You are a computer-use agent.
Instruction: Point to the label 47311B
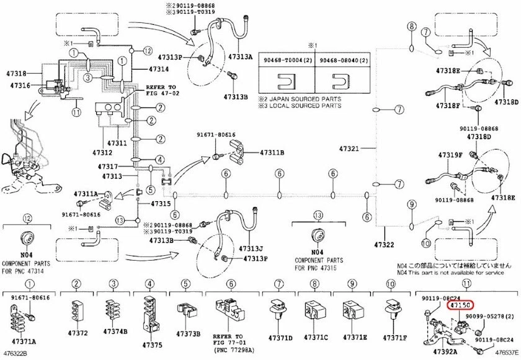pos(272,151)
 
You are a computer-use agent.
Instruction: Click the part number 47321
pos(349,149)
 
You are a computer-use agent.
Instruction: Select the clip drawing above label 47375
pos(150,312)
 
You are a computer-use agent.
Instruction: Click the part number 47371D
pos(280,338)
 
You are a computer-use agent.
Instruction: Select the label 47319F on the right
pos(450,155)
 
